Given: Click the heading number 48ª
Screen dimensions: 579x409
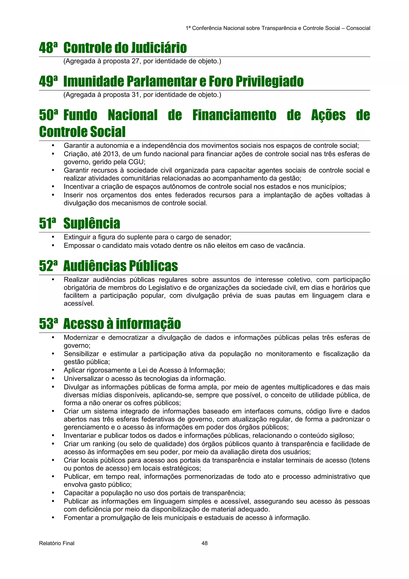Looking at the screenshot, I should [x=48, y=48].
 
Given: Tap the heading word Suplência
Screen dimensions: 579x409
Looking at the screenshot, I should [x=91, y=223].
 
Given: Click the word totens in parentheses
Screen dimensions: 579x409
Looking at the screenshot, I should [x=360, y=460].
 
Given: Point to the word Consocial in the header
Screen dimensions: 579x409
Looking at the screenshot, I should [x=358, y=28].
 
